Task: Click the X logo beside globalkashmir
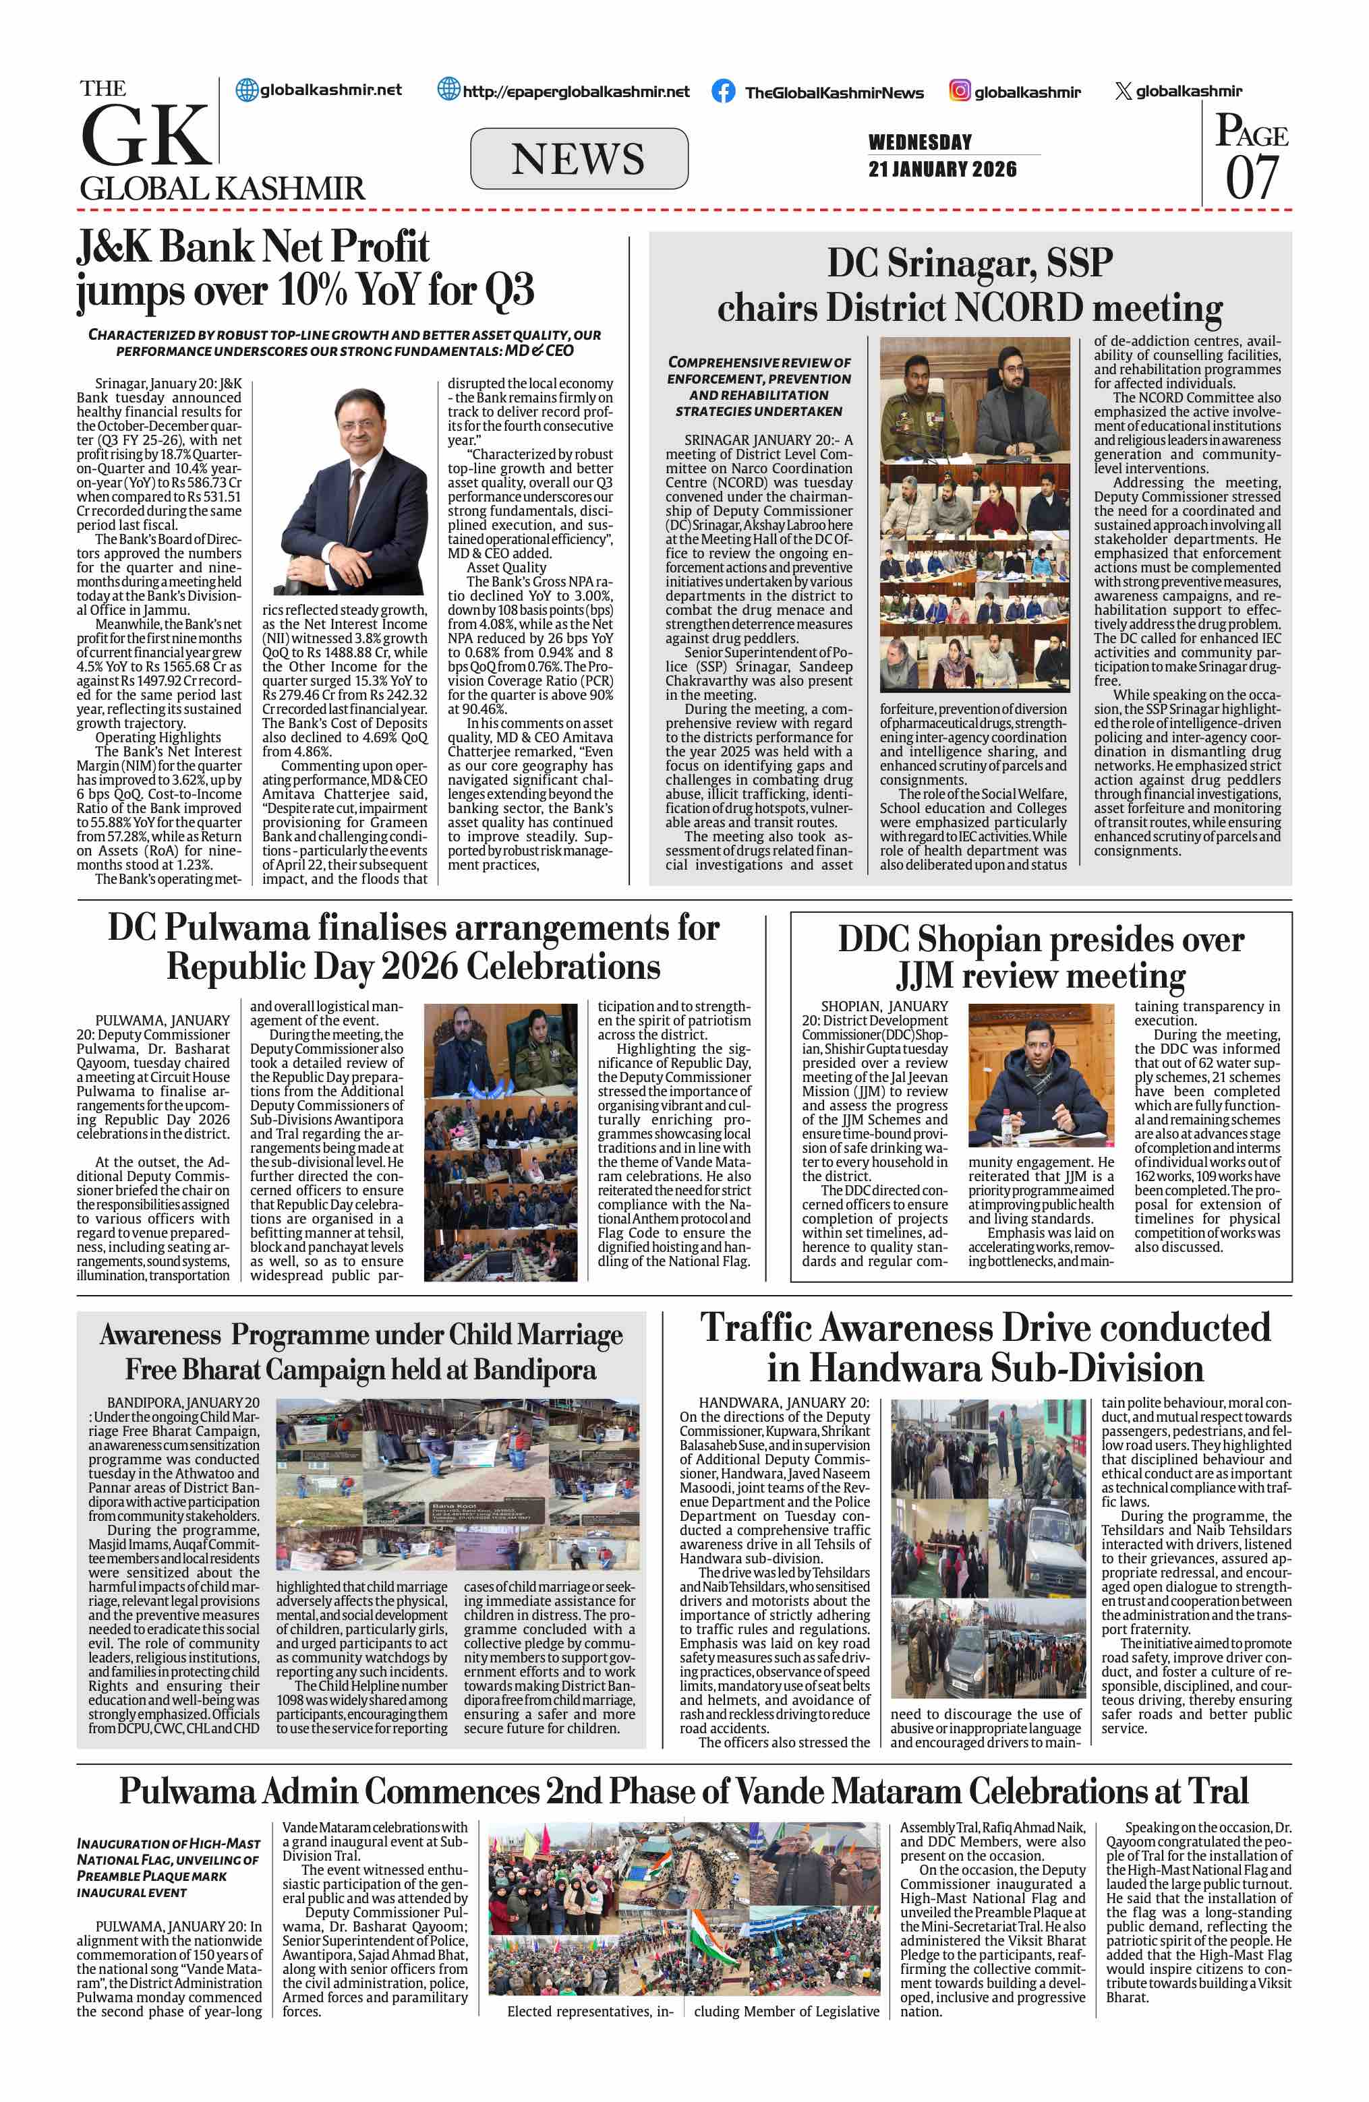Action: coord(1123,91)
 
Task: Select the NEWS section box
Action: coord(579,159)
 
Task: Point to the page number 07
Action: coord(1252,177)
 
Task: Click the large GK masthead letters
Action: coord(146,137)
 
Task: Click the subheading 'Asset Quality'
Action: coord(506,567)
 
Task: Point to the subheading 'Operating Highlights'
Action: coord(158,738)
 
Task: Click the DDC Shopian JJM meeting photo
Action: coord(1041,1075)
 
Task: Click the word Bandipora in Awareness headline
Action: coord(534,1370)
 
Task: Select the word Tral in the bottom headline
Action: coord(1218,1791)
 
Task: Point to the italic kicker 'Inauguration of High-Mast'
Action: coord(168,1843)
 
